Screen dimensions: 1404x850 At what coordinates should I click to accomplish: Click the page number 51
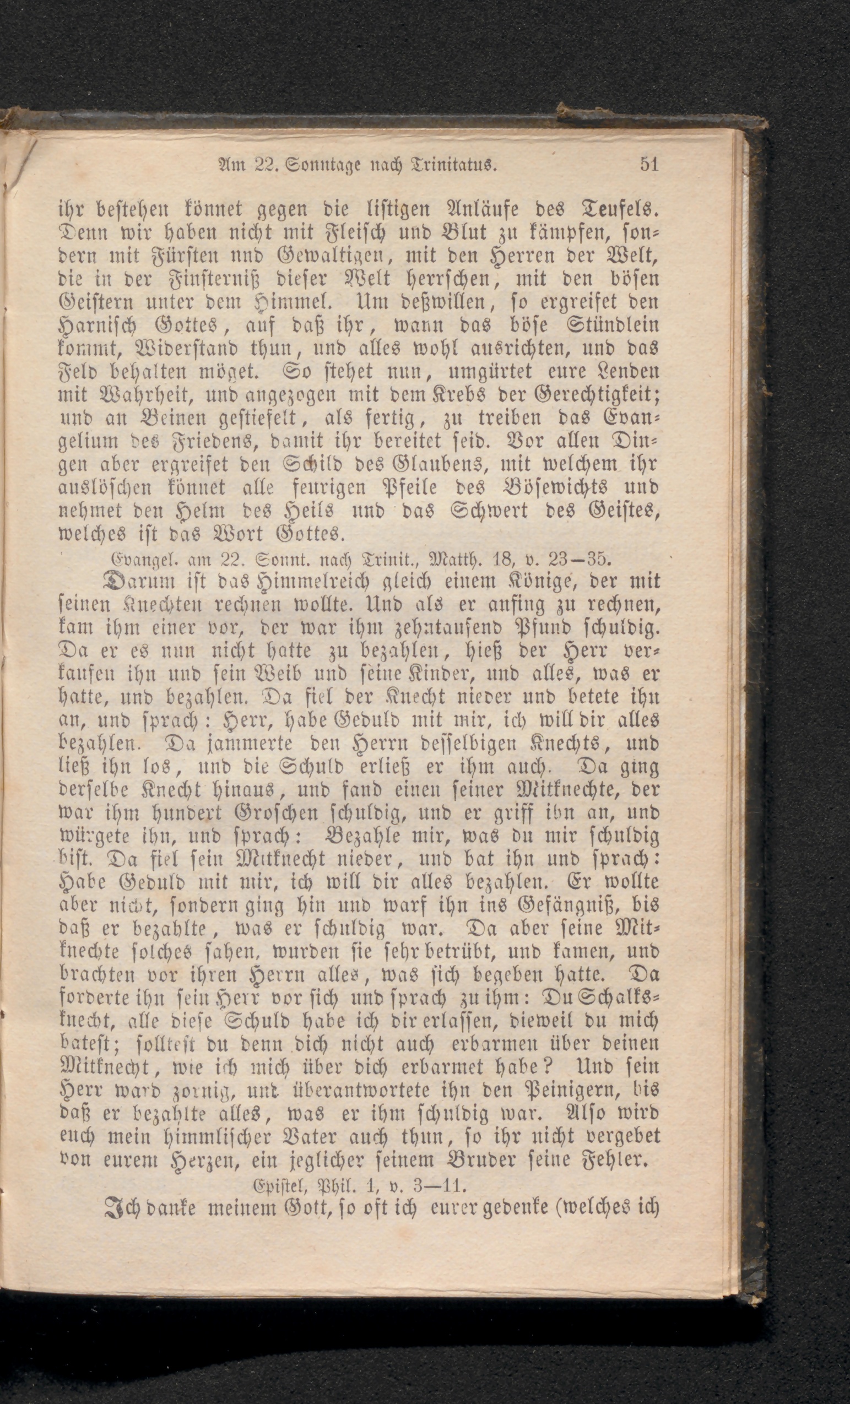click(649, 165)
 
